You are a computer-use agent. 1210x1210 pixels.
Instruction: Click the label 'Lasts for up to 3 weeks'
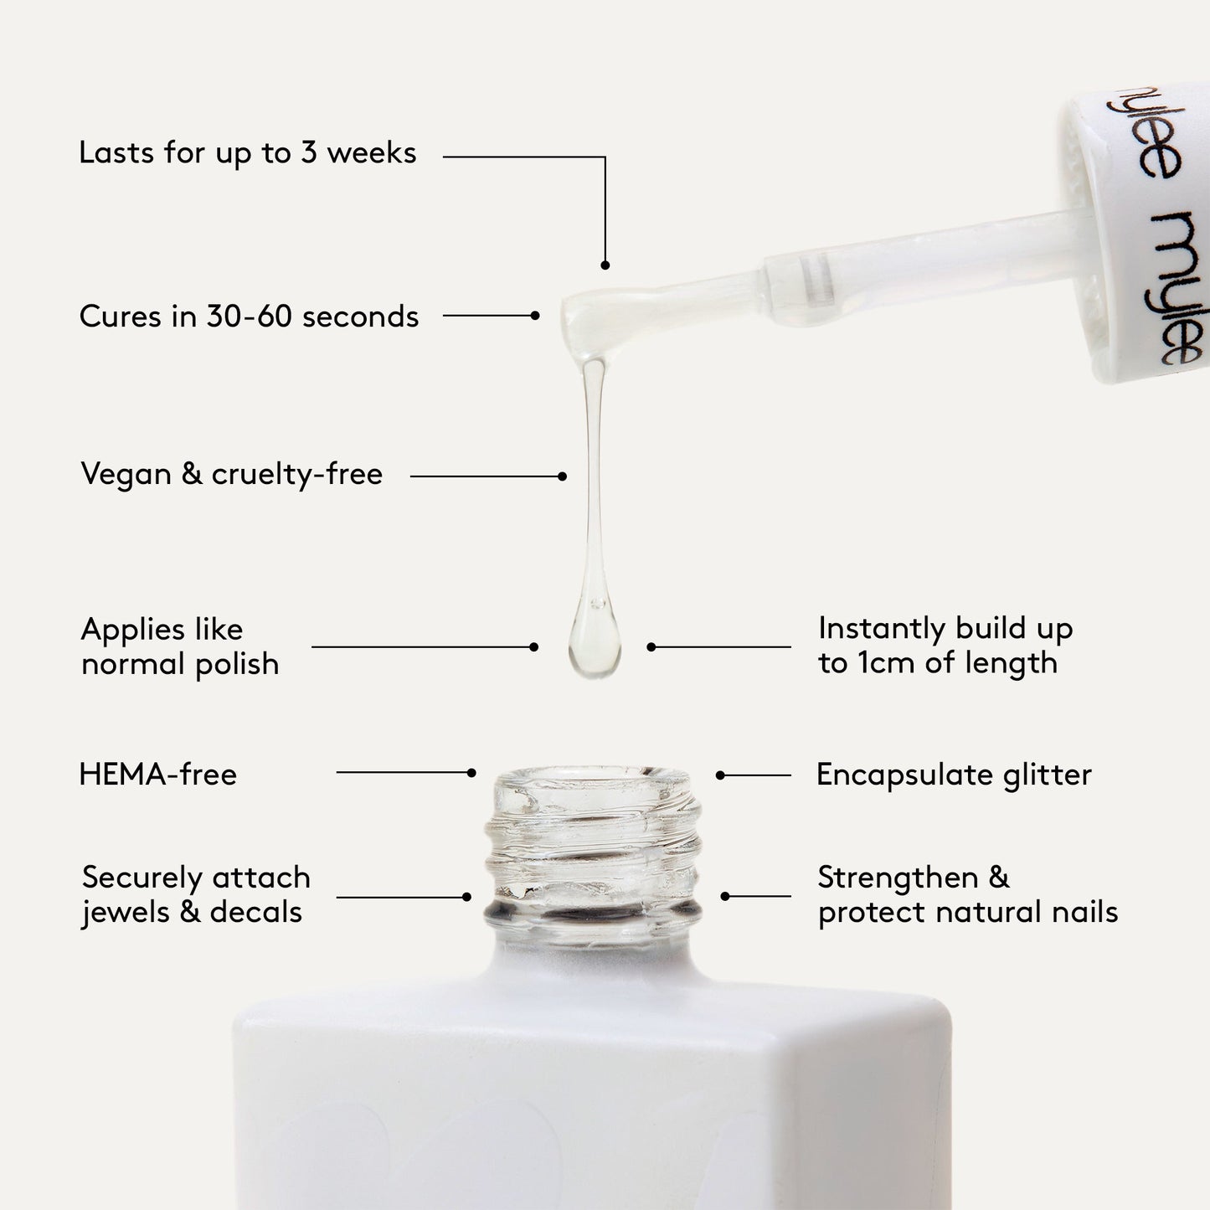coord(247,153)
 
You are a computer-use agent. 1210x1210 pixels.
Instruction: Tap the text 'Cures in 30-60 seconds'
coord(249,317)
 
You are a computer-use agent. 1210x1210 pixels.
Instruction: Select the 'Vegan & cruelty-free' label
coord(231,474)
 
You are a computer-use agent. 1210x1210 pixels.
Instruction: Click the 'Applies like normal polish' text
coord(179,646)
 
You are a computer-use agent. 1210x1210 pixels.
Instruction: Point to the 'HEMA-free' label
coord(157,775)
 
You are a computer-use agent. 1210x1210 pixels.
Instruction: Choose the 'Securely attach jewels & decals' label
coord(195,894)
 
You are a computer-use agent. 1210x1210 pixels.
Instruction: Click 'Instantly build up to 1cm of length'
coord(945,645)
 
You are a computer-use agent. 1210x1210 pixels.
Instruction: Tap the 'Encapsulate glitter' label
coord(953,775)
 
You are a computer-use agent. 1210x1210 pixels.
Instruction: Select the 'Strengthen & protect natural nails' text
coord(967,894)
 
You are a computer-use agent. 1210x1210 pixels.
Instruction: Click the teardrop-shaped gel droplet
coord(594,641)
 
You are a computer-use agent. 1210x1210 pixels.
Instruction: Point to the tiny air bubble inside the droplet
coord(596,602)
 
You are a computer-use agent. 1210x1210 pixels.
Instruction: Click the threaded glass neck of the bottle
coord(593,846)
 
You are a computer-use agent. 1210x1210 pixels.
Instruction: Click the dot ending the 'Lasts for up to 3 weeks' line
coord(605,265)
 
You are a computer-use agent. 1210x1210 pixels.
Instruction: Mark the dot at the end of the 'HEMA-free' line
coord(471,773)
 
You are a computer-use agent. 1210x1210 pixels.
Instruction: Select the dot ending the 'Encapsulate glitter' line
coord(720,775)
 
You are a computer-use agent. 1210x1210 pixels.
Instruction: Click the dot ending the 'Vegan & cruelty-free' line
coord(562,476)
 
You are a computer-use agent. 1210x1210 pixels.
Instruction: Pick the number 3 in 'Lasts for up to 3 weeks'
coord(308,153)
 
